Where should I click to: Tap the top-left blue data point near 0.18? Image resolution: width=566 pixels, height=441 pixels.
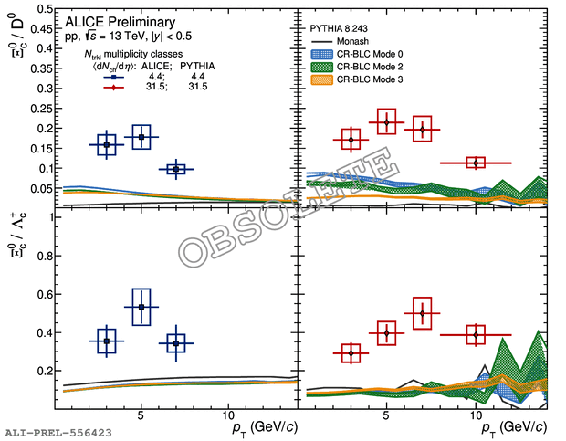[141, 137]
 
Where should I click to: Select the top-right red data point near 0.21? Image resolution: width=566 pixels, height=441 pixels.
[386, 122]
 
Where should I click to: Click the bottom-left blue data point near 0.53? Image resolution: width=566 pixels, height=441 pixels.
[141, 308]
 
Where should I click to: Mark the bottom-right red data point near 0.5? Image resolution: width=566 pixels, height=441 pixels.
[421, 313]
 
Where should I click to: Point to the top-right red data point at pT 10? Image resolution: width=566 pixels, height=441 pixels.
[476, 163]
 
